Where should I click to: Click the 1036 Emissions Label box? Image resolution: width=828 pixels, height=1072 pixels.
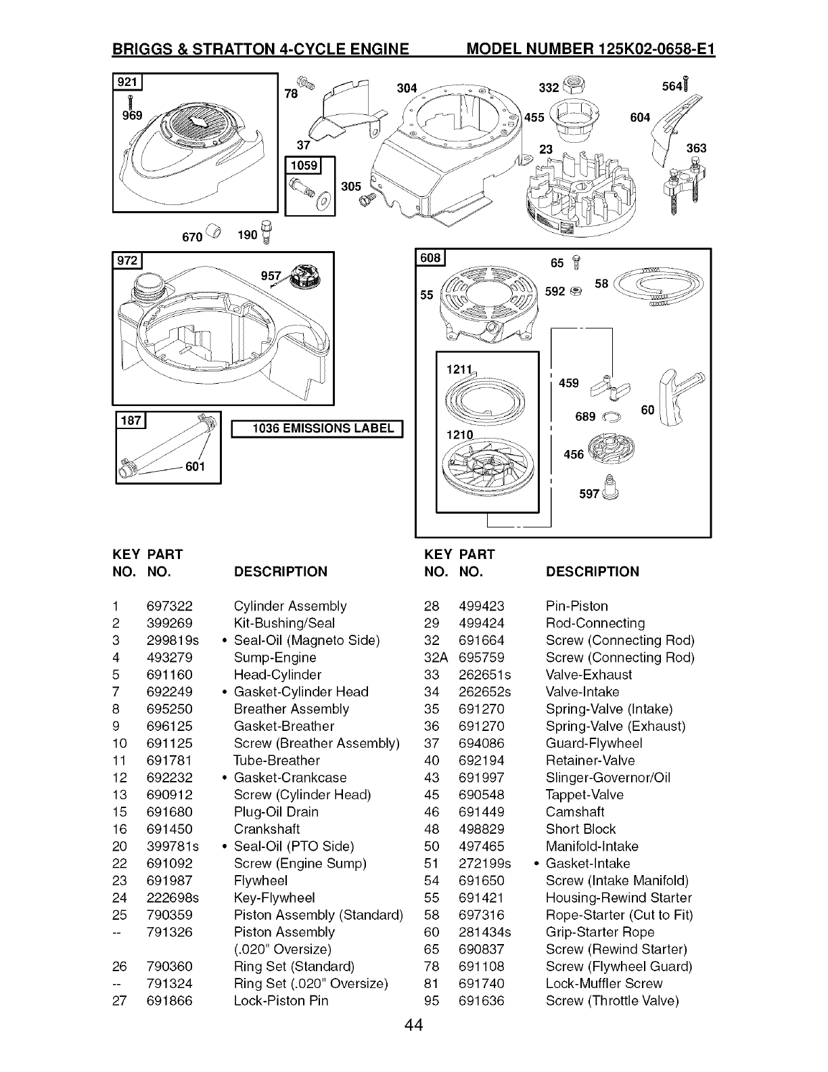tap(318, 428)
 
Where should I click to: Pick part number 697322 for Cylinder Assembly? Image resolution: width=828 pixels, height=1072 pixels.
tap(169, 606)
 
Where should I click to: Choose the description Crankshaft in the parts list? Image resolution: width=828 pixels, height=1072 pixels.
tap(267, 829)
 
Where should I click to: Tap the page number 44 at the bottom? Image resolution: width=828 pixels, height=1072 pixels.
tap(414, 1027)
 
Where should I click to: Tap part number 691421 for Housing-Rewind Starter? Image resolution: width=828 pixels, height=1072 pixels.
tap(481, 898)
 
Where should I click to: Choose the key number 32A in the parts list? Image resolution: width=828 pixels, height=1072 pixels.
tap(436, 658)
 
